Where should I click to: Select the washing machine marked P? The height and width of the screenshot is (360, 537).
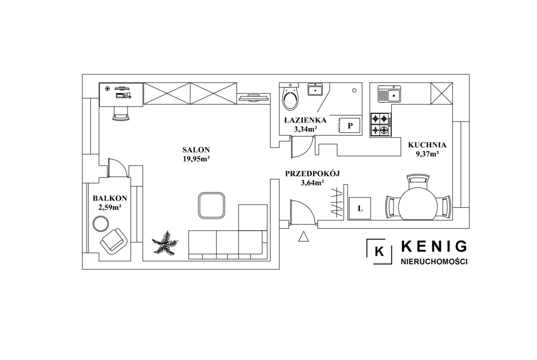click(x=349, y=126)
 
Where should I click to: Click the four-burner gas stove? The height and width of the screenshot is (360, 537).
click(x=381, y=125)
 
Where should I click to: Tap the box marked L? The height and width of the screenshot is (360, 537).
click(x=359, y=208)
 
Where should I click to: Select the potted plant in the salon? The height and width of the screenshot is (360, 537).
click(x=165, y=243)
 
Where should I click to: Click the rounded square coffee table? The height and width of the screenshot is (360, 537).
click(x=212, y=205)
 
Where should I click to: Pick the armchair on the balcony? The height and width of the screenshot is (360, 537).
click(x=113, y=241)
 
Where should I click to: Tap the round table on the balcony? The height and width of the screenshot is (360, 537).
click(x=101, y=224)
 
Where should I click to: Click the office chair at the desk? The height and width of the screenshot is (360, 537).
click(x=122, y=113)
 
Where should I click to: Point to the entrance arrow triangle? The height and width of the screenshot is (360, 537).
click(x=303, y=237)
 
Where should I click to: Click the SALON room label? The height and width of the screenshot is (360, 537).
click(x=196, y=150)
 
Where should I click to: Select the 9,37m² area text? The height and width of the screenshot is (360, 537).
click(x=427, y=154)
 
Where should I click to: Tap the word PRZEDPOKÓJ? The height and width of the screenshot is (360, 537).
click(x=313, y=173)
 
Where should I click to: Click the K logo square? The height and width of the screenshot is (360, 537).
click(x=379, y=251)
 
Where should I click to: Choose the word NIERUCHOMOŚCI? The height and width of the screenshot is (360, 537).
click(x=434, y=262)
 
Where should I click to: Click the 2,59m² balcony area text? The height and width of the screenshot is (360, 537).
click(x=110, y=207)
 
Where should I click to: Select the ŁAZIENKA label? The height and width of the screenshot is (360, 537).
click(x=305, y=120)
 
